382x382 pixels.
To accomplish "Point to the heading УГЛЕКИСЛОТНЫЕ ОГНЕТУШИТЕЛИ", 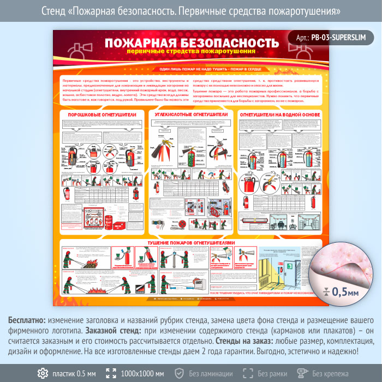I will coord(191,115).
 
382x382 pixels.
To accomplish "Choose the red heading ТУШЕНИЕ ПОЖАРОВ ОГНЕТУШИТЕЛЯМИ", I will coord(191,242).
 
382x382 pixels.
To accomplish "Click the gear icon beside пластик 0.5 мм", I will coord(42,373).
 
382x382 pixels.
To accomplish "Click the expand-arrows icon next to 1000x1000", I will coord(111,373).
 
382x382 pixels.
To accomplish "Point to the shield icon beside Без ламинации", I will coord(179,373).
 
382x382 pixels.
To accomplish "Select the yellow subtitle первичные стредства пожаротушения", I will coord(190,51).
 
